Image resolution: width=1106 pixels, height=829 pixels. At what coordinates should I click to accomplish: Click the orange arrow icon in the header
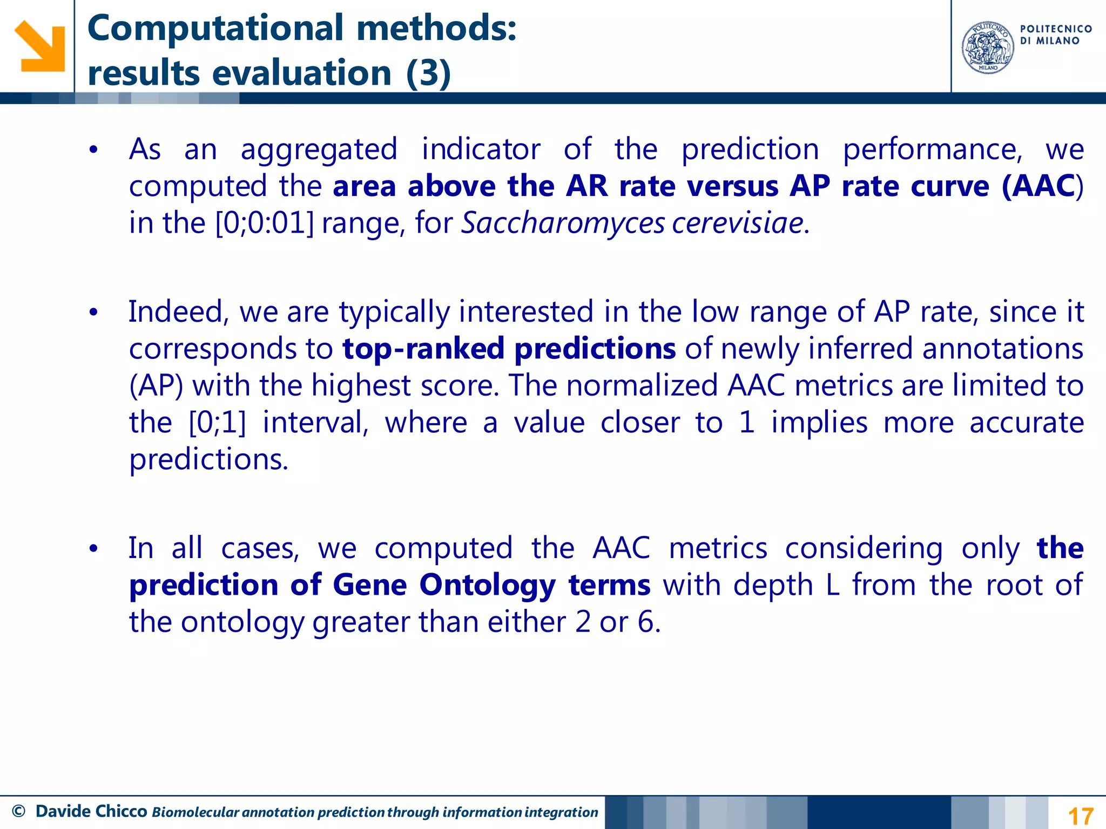pos(39,46)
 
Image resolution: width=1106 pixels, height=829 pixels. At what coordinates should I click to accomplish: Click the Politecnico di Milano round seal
pos(988,47)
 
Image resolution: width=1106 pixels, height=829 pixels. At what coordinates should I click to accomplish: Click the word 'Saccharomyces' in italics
pos(563,223)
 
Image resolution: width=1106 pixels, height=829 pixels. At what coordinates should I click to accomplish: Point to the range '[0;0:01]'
pos(264,223)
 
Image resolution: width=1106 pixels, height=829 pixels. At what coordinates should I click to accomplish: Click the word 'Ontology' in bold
pos(487,585)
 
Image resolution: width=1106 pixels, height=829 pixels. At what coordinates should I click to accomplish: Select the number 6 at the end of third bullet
pos(646,622)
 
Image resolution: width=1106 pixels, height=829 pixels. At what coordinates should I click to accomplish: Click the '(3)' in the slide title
pos(428,73)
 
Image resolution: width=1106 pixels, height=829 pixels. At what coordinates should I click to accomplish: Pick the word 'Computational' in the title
pos(215,28)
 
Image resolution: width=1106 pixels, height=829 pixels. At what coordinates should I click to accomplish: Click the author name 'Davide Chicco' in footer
pos(91,811)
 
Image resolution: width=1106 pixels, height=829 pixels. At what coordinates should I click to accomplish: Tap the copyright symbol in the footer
pos(18,811)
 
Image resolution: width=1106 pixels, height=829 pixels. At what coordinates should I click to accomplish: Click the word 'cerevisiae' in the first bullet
pos(738,223)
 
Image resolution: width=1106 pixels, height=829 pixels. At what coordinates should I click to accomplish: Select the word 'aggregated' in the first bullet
pos(319,150)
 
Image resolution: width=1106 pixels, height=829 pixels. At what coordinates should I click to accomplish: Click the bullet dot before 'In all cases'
pos(93,549)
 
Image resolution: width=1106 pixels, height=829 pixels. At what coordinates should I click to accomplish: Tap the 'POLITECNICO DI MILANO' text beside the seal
pos(1056,35)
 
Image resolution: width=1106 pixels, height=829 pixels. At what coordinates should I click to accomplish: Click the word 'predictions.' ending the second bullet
pos(208,459)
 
